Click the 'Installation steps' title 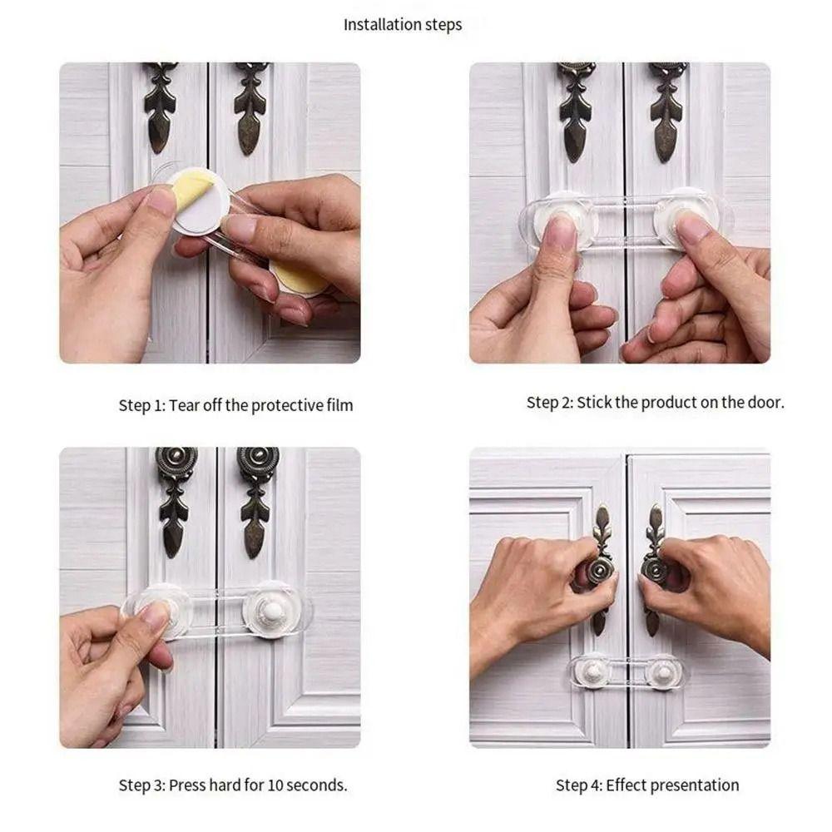click(403, 25)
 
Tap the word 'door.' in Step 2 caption click(765, 403)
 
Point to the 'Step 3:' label click(141, 785)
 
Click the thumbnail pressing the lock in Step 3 click(156, 616)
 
